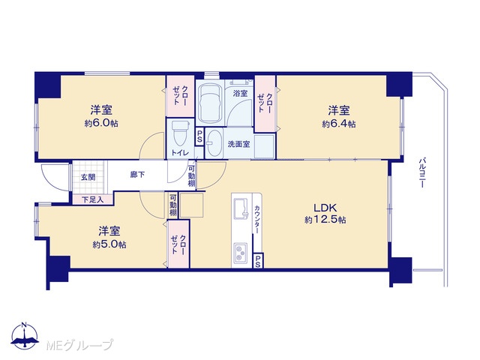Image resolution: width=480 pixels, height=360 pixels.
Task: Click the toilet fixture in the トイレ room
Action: pyautogui.click(x=181, y=133)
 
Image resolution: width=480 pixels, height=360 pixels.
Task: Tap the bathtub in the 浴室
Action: pyautogui.click(x=210, y=103)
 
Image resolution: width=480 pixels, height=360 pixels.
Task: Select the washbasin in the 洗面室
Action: pyautogui.click(x=214, y=142)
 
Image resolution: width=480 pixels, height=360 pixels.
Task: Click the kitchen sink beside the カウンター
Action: pyautogui.click(x=241, y=208)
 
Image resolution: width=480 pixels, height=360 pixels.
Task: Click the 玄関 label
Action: pyautogui.click(x=88, y=177)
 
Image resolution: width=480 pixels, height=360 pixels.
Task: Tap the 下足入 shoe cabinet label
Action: pyautogui.click(x=93, y=200)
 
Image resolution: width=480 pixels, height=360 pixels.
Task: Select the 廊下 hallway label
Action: pyautogui.click(x=138, y=175)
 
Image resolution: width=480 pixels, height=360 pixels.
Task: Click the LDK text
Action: pyautogui.click(x=325, y=208)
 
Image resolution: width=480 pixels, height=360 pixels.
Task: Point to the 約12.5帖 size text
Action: pyautogui.click(x=325, y=220)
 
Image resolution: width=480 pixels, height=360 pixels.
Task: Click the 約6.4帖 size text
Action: pyautogui.click(x=339, y=124)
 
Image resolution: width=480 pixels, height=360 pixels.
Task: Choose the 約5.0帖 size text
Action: pyautogui.click(x=109, y=244)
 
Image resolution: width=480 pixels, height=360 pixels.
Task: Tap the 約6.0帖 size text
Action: pyautogui.click(x=101, y=123)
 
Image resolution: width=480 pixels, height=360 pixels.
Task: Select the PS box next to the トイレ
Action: pyautogui.click(x=199, y=136)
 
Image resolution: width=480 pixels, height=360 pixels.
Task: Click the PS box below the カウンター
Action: pyautogui.click(x=258, y=261)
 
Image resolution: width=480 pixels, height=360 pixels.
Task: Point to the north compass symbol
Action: pyautogui.click(x=25, y=335)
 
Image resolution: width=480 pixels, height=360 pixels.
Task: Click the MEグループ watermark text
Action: pyautogui.click(x=80, y=345)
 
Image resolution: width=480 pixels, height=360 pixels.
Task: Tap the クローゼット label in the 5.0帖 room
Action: pyautogui.click(x=178, y=244)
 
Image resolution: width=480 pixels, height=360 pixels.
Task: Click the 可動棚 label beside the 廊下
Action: pyautogui.click(x=192, y=176)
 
